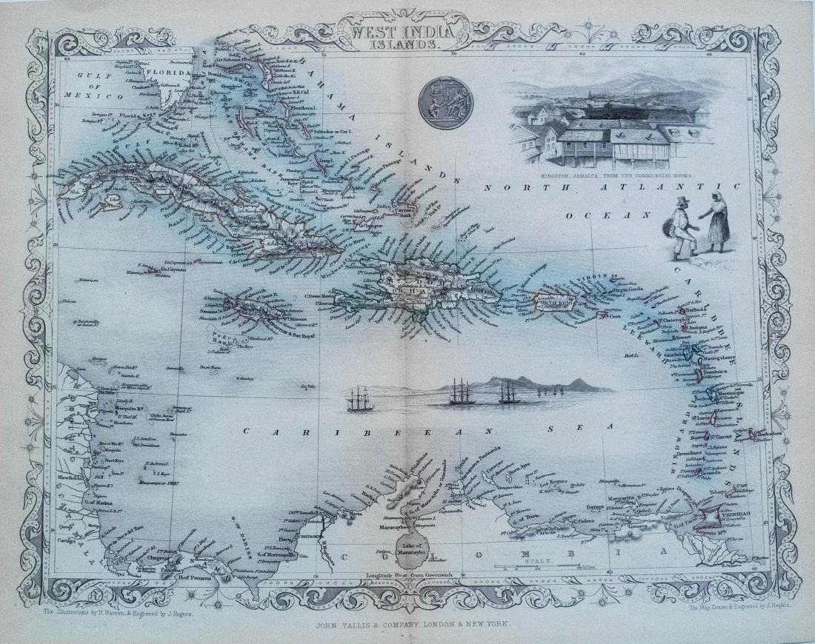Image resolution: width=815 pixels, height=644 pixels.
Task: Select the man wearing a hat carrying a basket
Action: click(682, 228)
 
